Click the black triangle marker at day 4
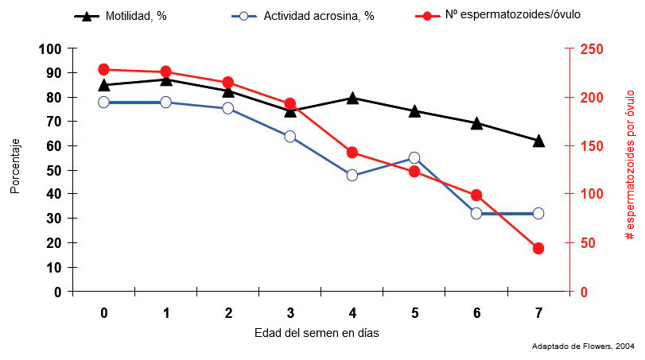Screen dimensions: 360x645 [352, 99]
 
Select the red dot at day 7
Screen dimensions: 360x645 [538, 249]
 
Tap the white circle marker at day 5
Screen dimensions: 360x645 [414, 158]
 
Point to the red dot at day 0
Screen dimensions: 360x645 [104, 70]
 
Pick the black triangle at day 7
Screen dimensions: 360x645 [538, 141]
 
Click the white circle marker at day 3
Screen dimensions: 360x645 [290, 137]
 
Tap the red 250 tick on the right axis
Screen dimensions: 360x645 [592, 49]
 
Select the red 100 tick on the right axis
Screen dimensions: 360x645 [592, 195]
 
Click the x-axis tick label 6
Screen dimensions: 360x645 [476, 313]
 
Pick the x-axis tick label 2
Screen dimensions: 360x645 [228, 313]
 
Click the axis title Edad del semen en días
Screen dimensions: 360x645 [317, 333]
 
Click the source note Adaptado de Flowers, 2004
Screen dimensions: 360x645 [582, 346]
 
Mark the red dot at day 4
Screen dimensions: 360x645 [352, 153]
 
